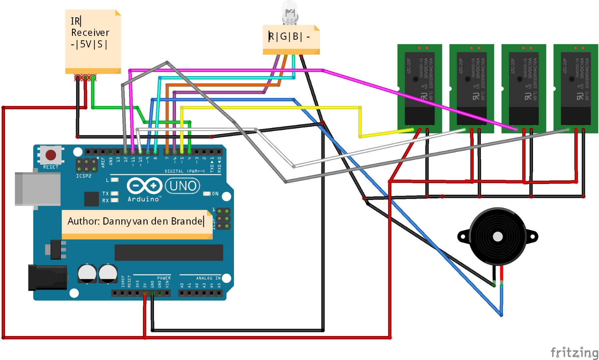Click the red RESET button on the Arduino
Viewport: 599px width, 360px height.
click(51, 155)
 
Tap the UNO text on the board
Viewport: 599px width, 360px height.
click(183, 186)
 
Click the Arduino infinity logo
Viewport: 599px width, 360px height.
click(144, 186)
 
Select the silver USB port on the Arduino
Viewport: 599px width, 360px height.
click(38, 189)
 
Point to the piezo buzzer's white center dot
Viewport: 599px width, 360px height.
click(498, 237)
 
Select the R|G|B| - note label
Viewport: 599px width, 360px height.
click(289, 36)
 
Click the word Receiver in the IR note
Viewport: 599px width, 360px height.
click(90, 33)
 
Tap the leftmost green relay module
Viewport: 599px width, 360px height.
click(419, 88)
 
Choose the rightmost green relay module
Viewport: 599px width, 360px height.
click(575, 88)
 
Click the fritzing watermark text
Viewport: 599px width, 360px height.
click(574, 352)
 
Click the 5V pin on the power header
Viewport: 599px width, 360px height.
click(145, 293)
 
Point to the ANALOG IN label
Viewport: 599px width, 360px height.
click(208, 278)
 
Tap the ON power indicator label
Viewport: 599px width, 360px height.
click(215, 194)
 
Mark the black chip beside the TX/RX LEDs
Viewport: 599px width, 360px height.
click(91, 199)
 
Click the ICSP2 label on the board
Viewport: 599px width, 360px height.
click(83, 176)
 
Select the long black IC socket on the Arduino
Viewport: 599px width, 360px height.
click(169, 252)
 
